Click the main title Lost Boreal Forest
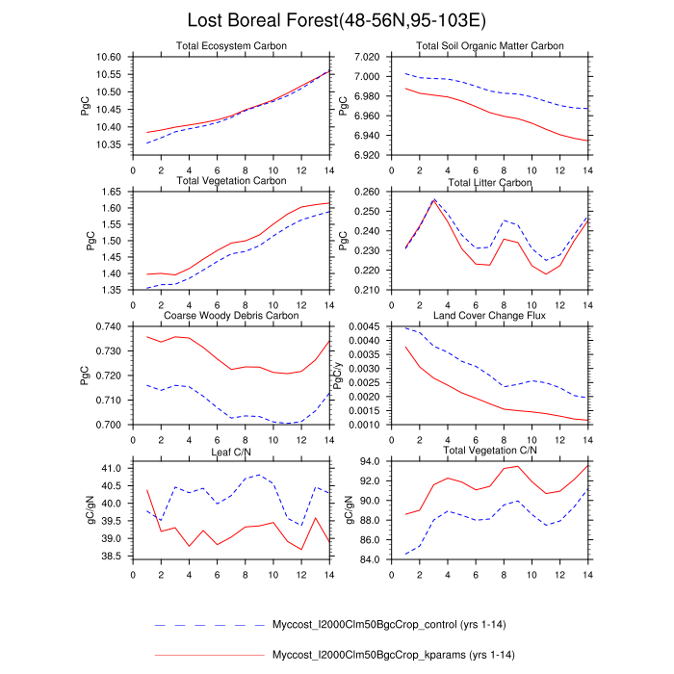337,20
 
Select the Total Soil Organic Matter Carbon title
489,46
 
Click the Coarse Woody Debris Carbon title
231,316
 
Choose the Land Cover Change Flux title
489,316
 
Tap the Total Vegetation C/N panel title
489,450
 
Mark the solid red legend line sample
209,655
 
